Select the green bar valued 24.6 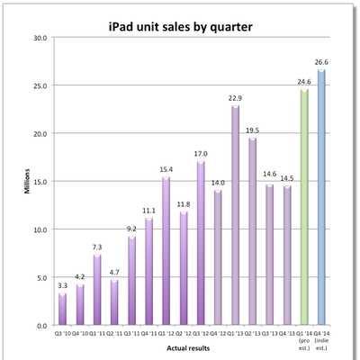[304, 207]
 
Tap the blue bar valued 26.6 [320, 197]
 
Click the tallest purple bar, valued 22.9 [236, 215]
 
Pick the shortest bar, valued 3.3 [62, 309]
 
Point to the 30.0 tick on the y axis [40, 38]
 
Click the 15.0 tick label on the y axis [40, 181]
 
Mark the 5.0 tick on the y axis [41, 277]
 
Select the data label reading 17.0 [200, 154]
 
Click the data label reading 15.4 [166, 169]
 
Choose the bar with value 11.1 [148, 271]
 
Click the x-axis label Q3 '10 [62, 332]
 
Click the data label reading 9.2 [131, 229]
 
